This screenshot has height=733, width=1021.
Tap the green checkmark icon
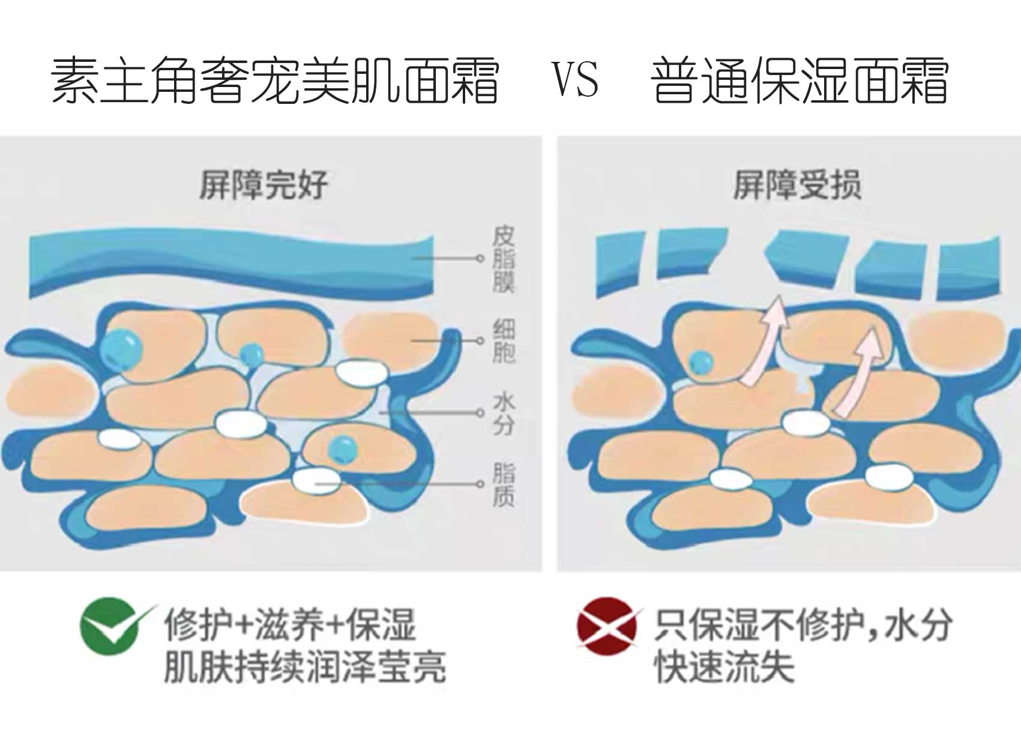112,626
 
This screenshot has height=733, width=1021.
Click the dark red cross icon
606,626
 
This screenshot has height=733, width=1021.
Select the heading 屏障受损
797,184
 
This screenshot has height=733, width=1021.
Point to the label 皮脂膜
504,259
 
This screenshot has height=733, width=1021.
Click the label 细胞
504,341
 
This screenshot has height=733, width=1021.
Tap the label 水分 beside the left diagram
504,413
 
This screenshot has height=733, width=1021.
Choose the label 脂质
504,484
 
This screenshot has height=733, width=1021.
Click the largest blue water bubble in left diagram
121,348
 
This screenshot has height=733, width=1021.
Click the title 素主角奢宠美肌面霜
275,80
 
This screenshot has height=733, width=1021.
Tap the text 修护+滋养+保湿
290,625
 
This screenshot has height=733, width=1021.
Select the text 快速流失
724,666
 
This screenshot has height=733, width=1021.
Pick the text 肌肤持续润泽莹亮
305,666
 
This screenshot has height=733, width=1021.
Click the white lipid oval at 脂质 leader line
315,480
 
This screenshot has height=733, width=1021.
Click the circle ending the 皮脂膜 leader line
480,258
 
